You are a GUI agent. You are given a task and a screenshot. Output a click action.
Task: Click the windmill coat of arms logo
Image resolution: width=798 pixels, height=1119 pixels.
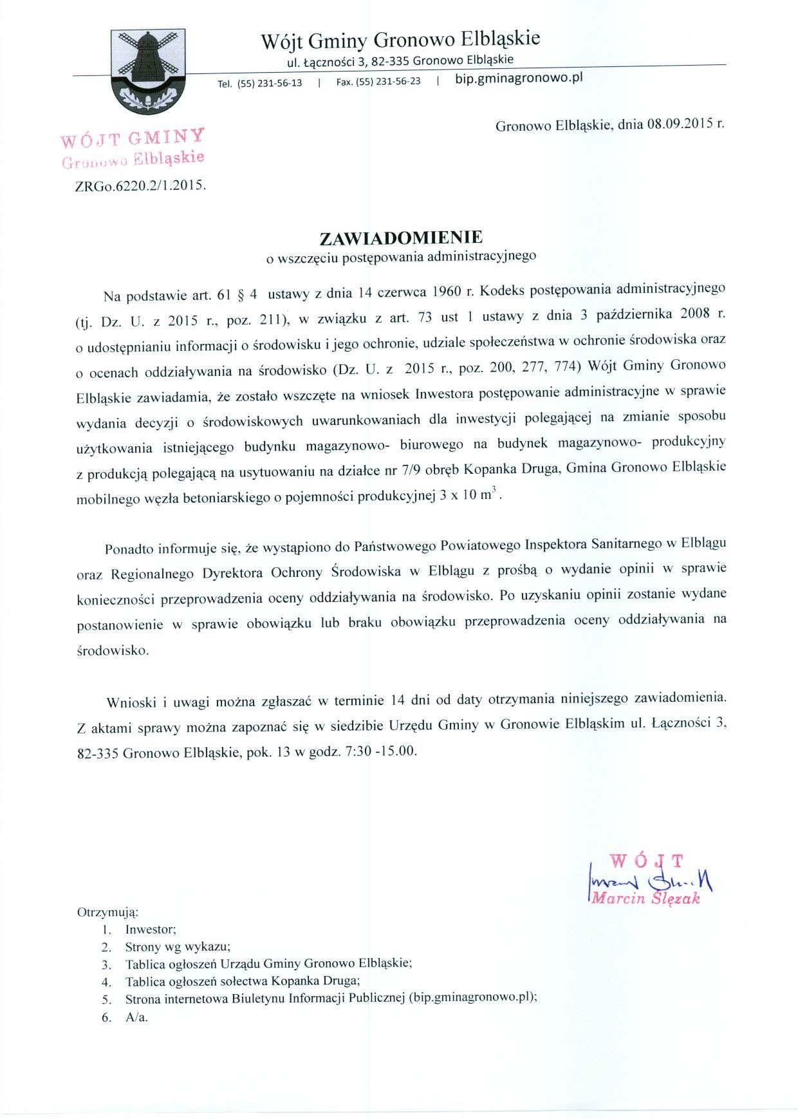148,70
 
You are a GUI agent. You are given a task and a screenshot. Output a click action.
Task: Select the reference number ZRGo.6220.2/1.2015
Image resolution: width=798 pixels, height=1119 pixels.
140,185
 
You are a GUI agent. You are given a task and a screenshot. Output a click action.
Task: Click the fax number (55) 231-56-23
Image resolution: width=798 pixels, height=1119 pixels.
388,81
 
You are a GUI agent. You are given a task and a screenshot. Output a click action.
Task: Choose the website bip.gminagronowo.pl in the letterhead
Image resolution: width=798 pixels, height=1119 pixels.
519,79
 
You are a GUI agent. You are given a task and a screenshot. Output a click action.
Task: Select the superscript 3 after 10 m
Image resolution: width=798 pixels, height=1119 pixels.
492,492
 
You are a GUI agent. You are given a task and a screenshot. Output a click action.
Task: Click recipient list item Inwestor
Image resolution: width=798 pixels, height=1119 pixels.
151,930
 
